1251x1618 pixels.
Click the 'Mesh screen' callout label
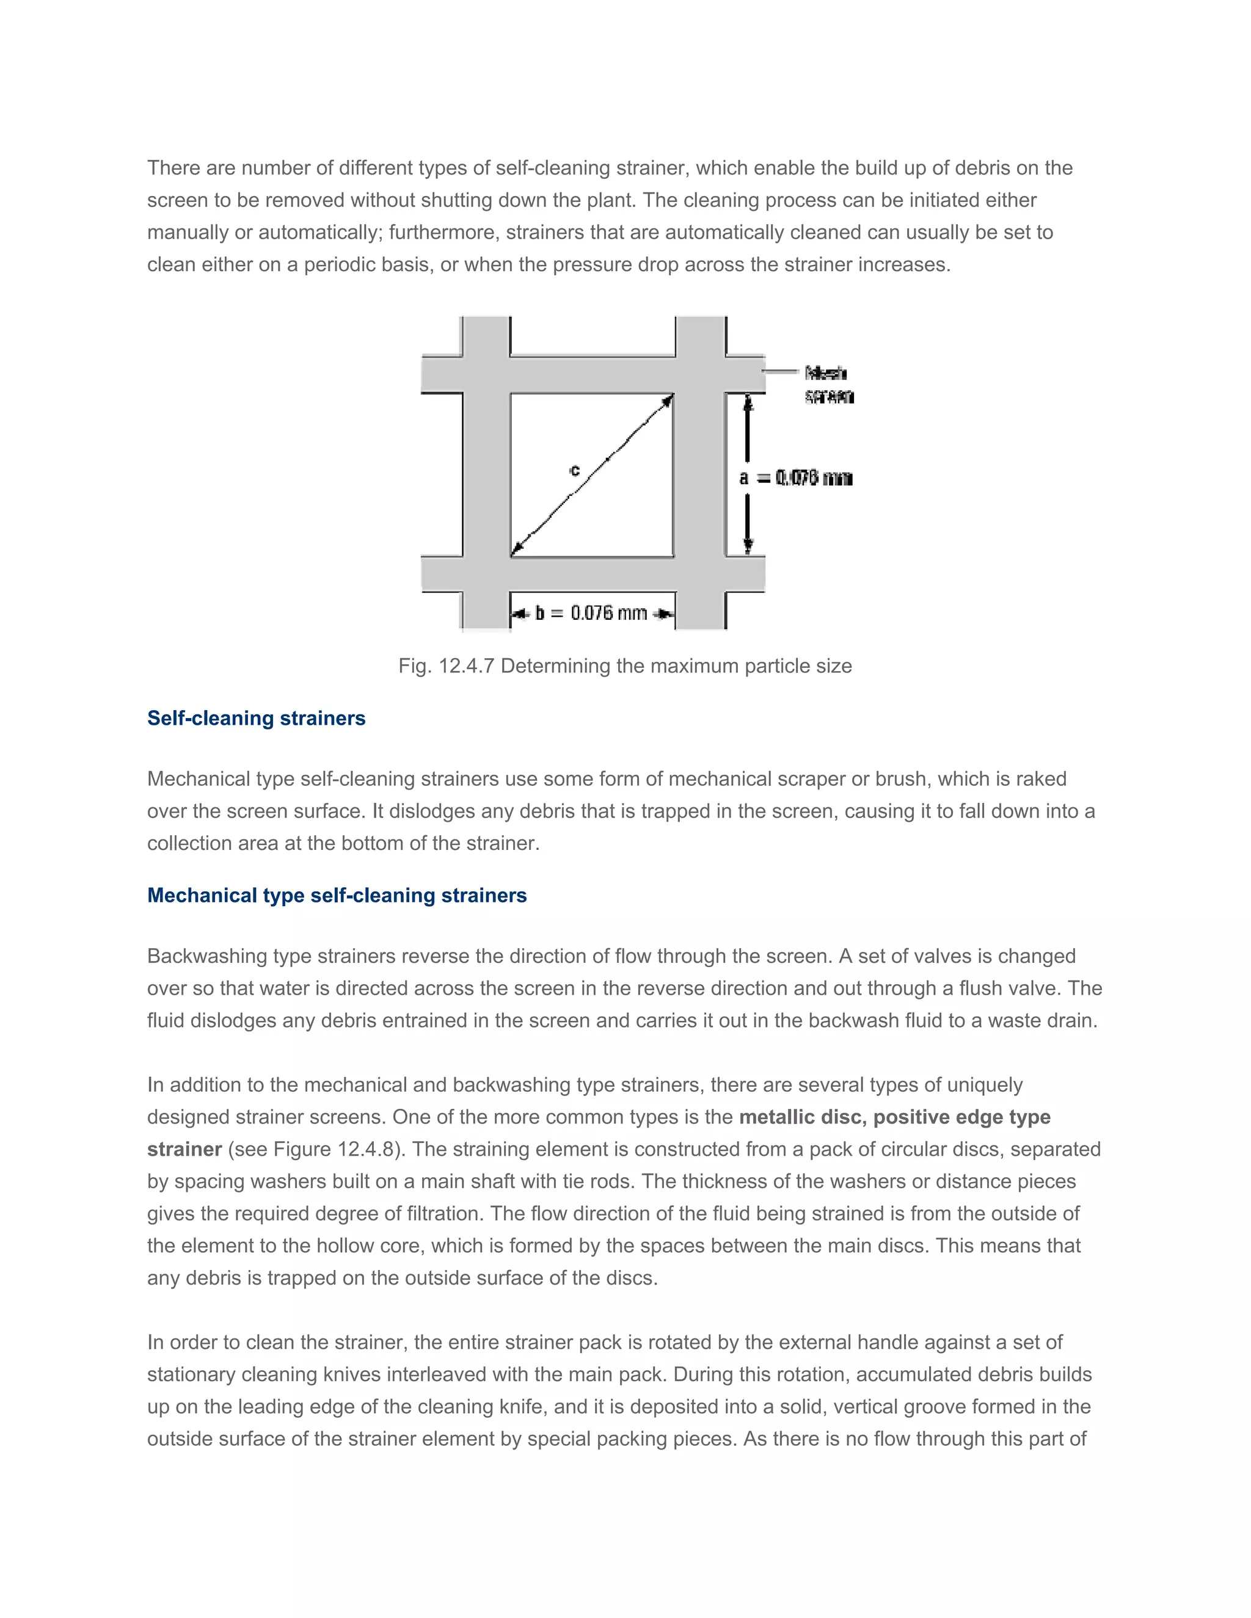828,385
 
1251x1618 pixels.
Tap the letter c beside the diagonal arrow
574,470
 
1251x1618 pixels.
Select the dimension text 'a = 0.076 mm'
796,478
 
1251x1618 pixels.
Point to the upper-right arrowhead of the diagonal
668,400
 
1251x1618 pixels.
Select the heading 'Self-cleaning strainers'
256,718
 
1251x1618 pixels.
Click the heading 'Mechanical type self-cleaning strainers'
337,895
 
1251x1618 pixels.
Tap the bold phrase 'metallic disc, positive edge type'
894,1117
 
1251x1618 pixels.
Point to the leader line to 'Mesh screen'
782,371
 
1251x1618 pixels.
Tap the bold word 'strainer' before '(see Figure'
184,1149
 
